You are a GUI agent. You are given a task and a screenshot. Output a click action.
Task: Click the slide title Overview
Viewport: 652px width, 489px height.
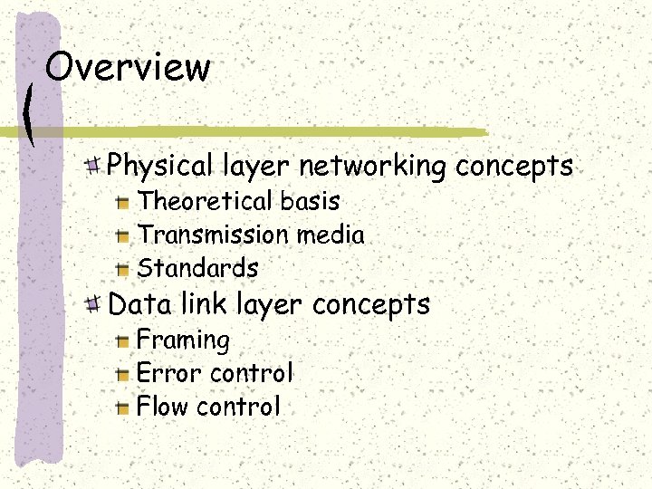pyautogui.click(x=128, y=67)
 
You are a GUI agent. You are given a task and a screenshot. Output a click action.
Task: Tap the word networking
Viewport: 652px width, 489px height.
pyautogui.click(x=373, y=166)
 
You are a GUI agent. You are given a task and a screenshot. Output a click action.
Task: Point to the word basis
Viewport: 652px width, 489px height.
pyautogui.click(x=310, y=201)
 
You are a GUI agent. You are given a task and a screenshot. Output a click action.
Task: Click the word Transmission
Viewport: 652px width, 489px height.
pyautogui.click(x=212, y=235)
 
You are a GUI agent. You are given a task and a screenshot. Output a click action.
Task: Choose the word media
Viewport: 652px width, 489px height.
pyautogui.click(x=330, y=235)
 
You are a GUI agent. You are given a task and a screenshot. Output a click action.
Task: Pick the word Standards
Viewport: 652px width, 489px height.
pyautogui.click(x=197, y=268)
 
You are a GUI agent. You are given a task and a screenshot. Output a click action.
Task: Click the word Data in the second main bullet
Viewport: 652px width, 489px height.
pyautogui.click(x=138, y=303)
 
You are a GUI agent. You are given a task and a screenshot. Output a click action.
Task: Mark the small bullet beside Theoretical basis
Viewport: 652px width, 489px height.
pyautogui.click(x=124, y=202)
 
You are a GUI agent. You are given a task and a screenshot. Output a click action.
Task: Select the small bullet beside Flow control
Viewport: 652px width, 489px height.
pyautogui.click(x=124, y=407)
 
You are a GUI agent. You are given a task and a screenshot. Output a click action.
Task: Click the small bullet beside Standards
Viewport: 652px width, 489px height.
pyautogui.click(x=124, y=269)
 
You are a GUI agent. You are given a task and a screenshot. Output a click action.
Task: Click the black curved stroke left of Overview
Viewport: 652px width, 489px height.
pyautogui.click(x=30, y=112)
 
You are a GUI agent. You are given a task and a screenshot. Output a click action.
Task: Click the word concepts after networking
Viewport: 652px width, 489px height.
pyautogui.click(x=513, y=167)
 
